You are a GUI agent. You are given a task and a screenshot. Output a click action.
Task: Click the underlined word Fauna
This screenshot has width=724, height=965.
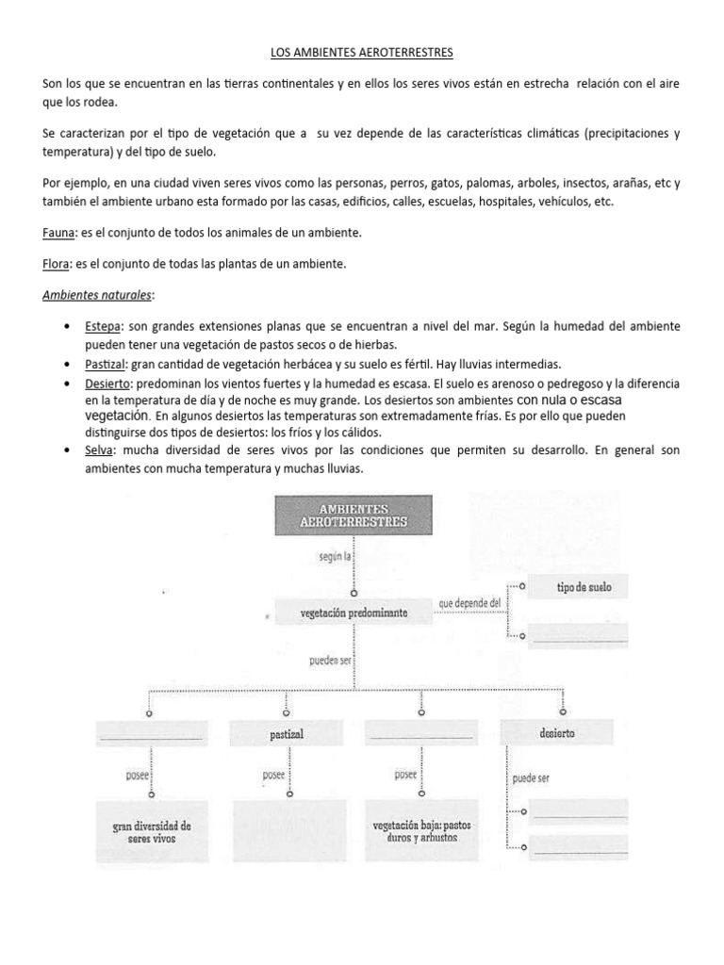(x=58, y=232)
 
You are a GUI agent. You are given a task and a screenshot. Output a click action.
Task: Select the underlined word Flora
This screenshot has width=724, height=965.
(x=57, y=265)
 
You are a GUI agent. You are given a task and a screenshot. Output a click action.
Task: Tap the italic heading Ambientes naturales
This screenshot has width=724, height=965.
(x=98, y=296)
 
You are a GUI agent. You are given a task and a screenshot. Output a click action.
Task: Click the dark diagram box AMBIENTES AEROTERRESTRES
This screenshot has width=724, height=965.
(x=353, y=515)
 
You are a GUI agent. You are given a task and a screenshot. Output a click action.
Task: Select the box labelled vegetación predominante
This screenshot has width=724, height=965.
(x=354, y=613)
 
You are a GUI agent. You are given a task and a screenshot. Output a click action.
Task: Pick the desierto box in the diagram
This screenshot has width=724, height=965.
(x=558, y=732)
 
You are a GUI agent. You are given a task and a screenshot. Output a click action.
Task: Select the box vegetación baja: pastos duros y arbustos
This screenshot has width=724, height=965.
(x=421, y=830)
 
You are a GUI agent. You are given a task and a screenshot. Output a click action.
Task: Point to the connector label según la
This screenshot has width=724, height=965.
(x=335, y=557)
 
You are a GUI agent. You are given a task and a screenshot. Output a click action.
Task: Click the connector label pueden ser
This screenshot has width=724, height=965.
(x=330, y=661)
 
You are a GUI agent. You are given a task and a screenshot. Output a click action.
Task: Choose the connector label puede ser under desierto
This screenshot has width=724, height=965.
(x=531, y=778)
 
